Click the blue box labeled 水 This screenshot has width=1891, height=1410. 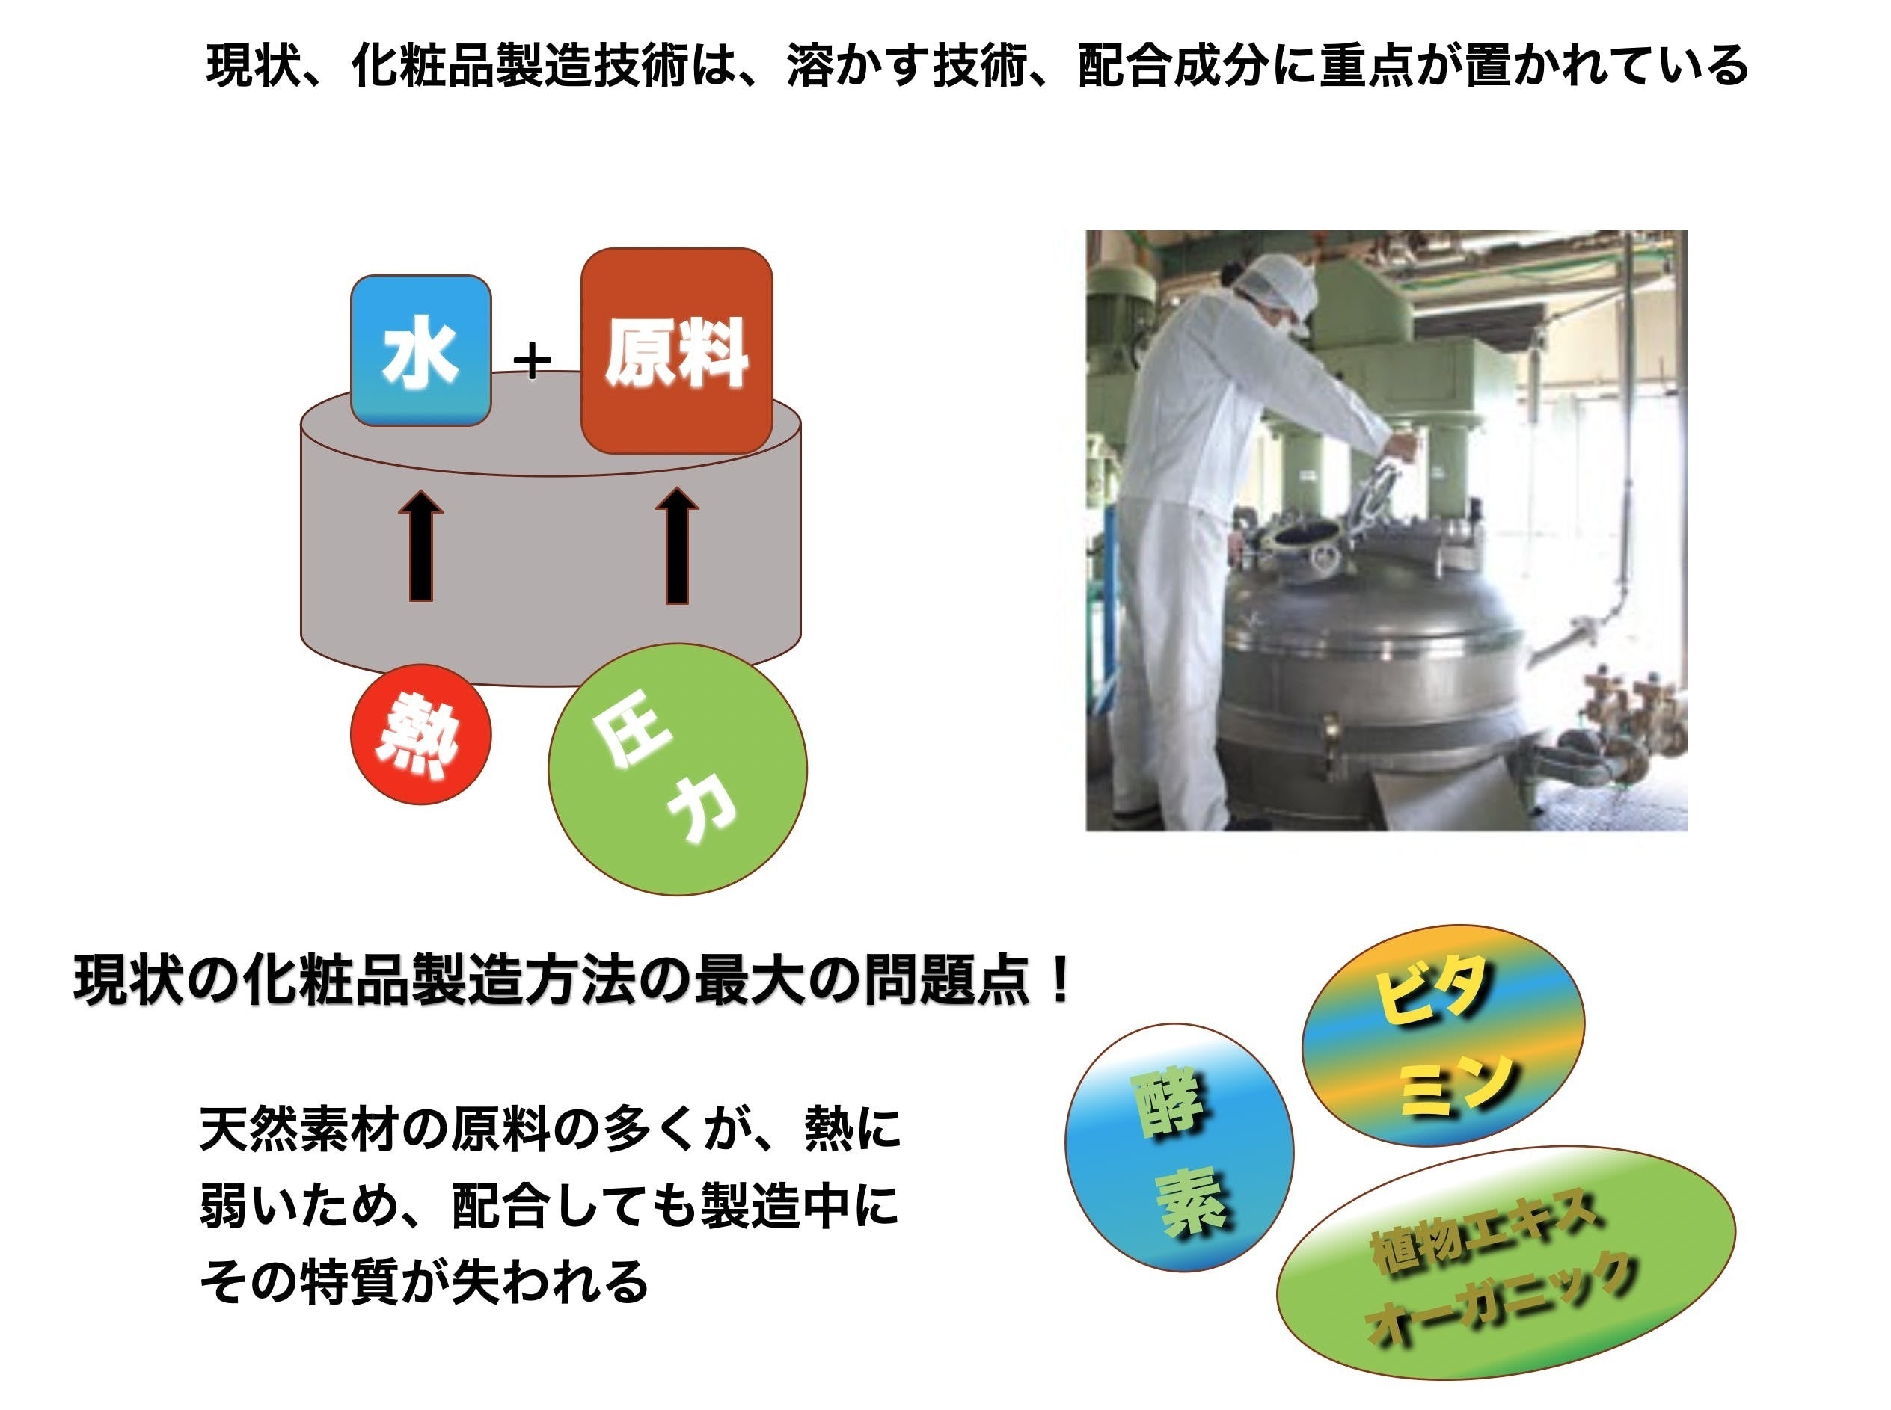[421, 350]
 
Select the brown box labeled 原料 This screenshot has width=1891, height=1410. [676, 351]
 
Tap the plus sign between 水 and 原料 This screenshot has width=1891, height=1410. [533, 361]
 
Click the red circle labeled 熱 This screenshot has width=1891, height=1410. [421, 734]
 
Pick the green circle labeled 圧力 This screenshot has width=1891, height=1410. [678, 769]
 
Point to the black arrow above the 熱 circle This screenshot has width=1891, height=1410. [421, 546]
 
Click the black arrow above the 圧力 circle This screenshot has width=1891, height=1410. [677, 546]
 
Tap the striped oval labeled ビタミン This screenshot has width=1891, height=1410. [1443, 1036]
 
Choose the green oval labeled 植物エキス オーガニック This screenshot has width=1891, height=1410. [1506, 1263]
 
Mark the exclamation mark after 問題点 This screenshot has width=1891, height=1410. [1061, 982]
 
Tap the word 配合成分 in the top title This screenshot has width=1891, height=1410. [1174, 66]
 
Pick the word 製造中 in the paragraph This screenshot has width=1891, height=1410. [773, 1205]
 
